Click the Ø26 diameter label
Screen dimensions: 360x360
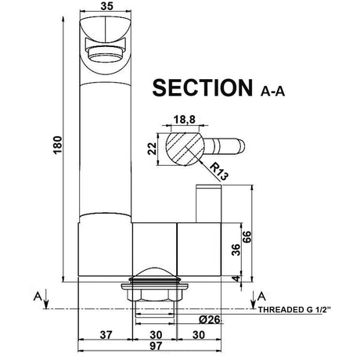point(185,319)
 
